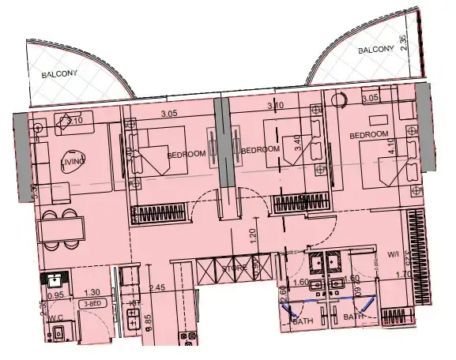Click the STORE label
[234, 268]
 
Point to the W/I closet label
[393, 254]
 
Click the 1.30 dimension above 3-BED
[92, 292]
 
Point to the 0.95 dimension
[55, 294]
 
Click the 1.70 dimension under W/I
[402, 275]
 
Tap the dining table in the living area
[61, 228]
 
